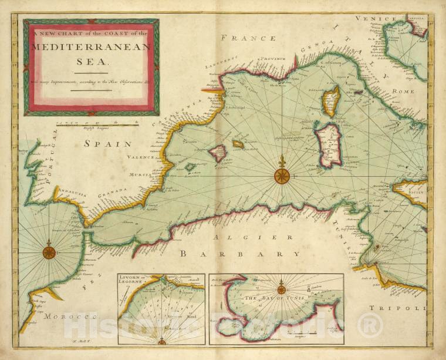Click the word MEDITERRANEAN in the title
click(x=91, y=48)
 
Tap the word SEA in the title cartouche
click(x=91, y=60)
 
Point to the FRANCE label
click(x=248, y=38)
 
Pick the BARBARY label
click(x=239, y=254)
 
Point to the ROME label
click(x=404, y=92)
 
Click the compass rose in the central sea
click(x=282, y=174)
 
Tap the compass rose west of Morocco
click(x=49, y=253)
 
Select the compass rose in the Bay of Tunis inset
click(x=281, y=289)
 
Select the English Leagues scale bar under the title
click(x=97, y=125)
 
